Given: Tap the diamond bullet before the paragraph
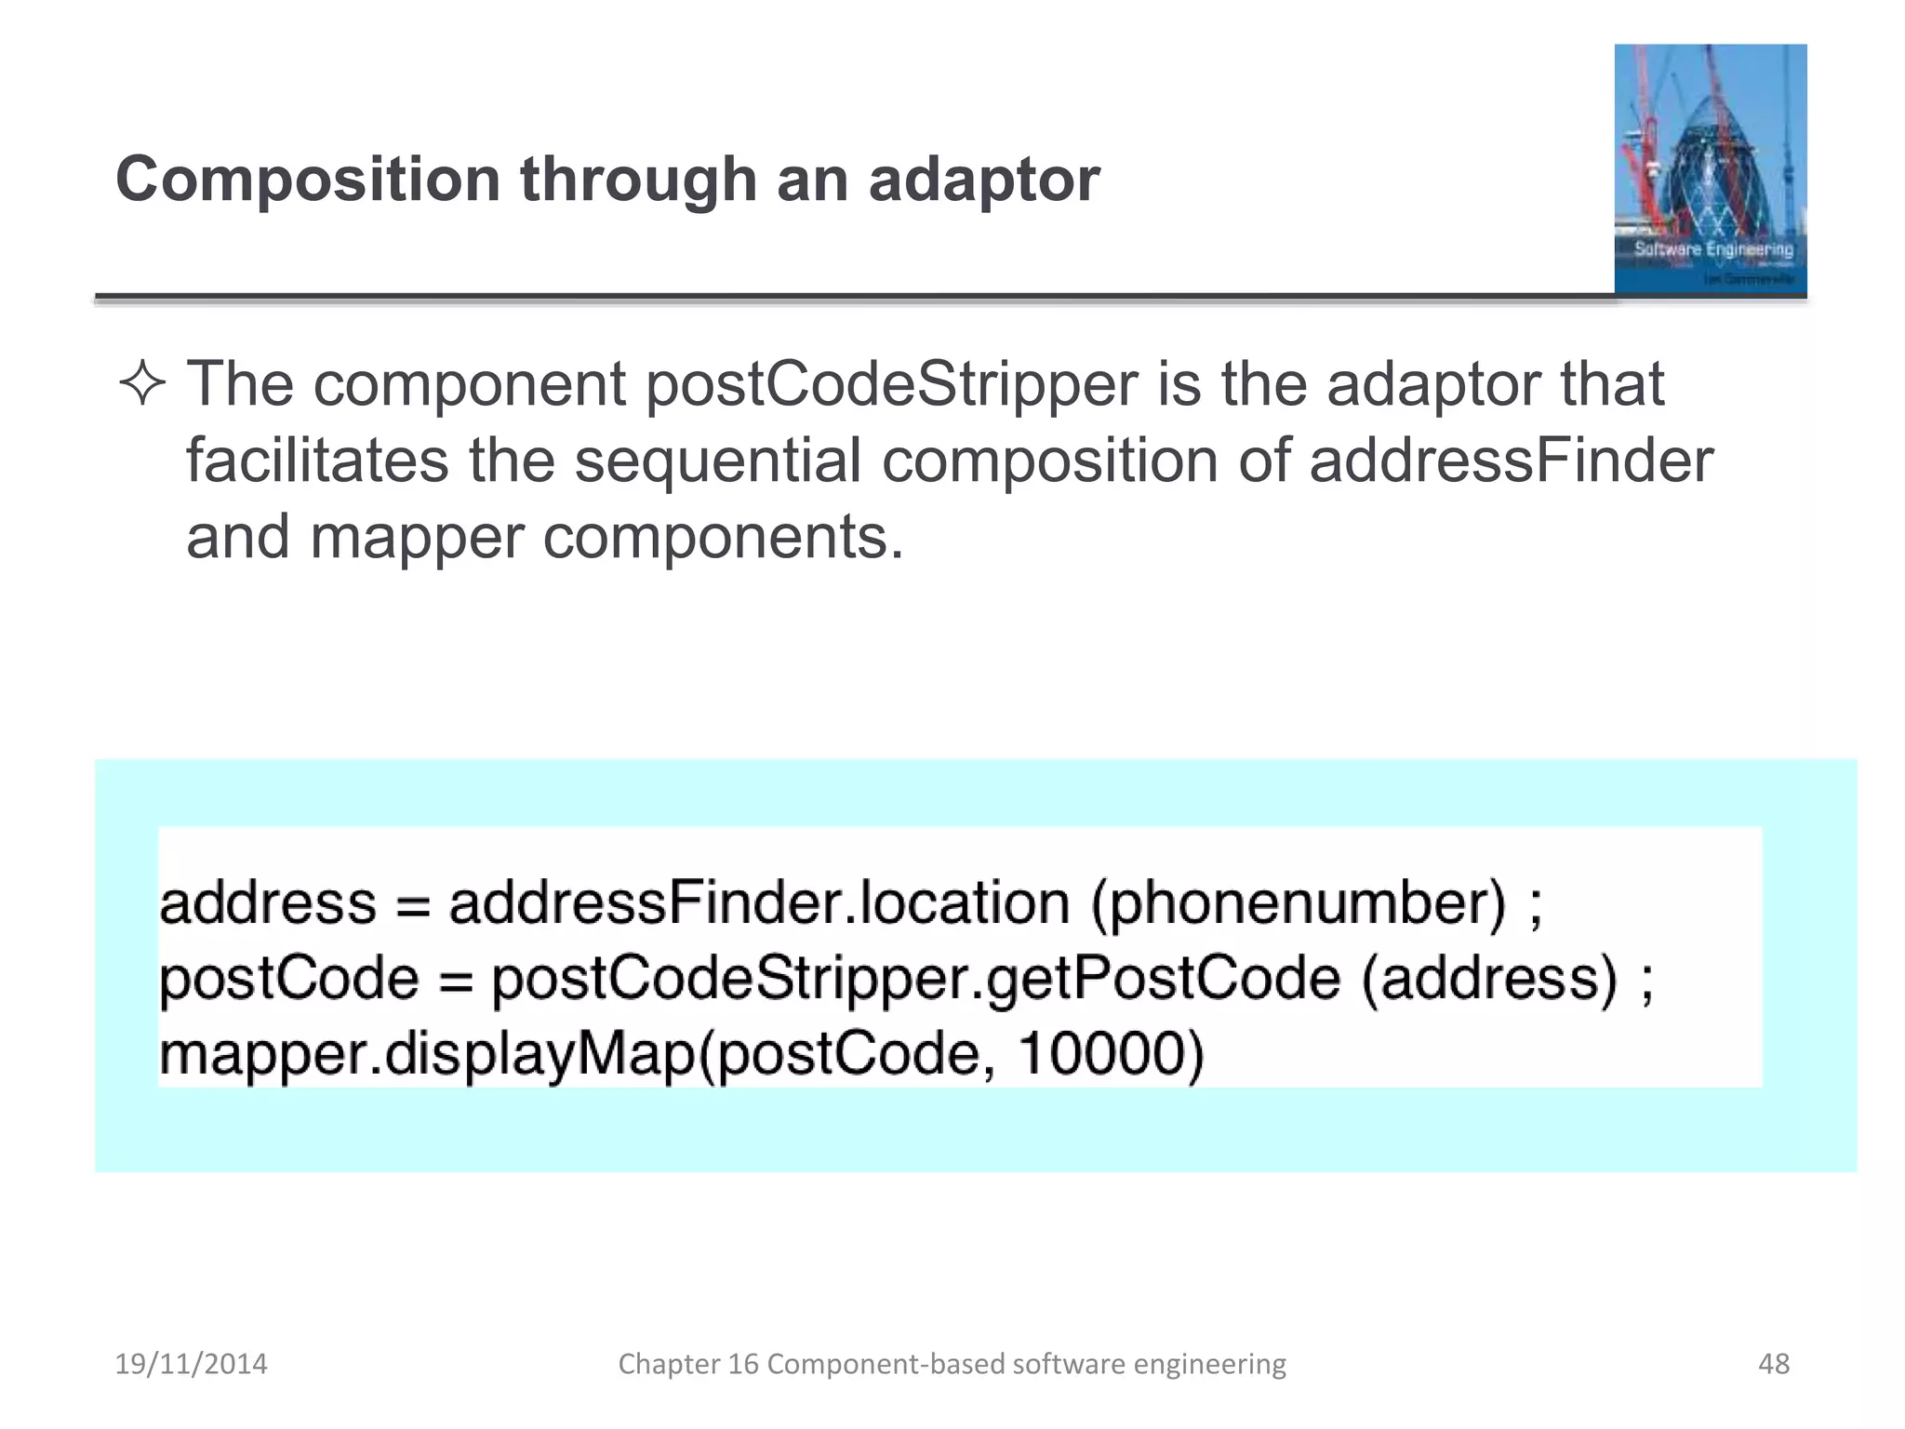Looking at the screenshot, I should (x=142, y=384).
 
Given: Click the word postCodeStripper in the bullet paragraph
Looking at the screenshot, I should (x=891, y=384).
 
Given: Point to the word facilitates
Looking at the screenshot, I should (x=316, y=461).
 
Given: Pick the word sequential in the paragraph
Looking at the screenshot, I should (x=717, y=462).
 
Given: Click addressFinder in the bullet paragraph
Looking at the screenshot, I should (x=1511, y=461).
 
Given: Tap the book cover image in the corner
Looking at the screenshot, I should (x=1710, y=169).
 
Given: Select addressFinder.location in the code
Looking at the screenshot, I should (x=759, y=903).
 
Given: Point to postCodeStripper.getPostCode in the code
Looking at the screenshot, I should (x=916, y=980).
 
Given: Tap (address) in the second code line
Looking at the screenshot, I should (x=1489, y=980).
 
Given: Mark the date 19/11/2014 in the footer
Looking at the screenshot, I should (x=191, y=1364).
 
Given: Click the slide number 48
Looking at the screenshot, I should (x=1774, y=1364).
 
